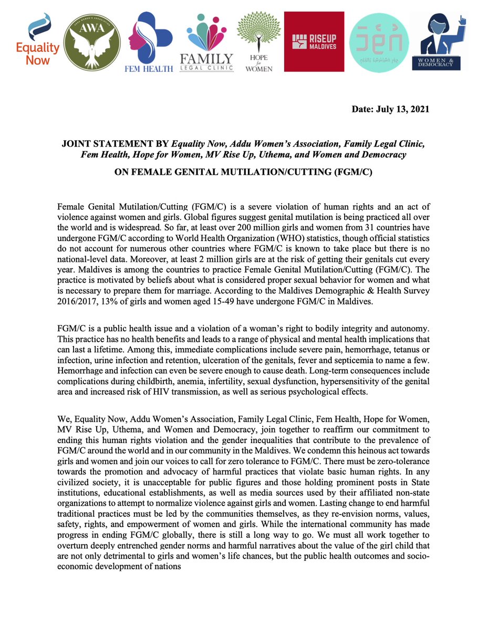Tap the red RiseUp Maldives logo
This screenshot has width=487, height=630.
click(314, 41)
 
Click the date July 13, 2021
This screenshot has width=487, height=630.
click(390, 109)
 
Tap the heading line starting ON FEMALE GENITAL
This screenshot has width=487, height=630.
click(243, 171)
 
